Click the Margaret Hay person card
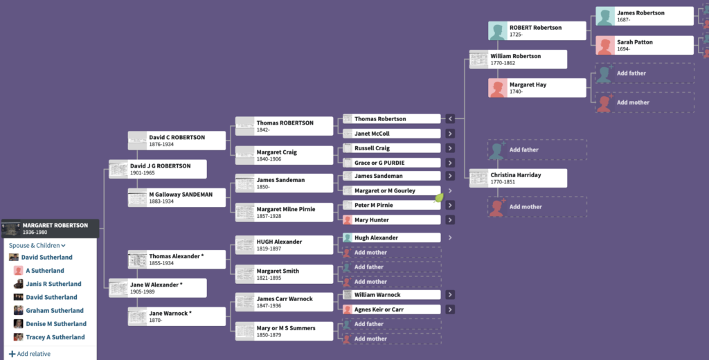click(x=537, y=88)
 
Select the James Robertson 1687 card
click(x=645, y=17)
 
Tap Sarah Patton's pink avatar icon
click(x=605, y=46)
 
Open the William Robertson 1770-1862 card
click(x=518, y=60)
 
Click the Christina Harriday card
click(x=518, y=178)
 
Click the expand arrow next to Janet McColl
click(x=450, y=134)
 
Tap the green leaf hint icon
click(x=439, y=197)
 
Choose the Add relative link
click(x=30, y=354)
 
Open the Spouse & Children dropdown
click(x=37, y=246)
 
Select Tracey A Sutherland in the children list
click(x=55, y=337)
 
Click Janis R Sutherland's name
click(x=53, y=284)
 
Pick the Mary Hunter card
click(x=392, y=219)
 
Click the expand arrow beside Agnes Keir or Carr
click(x=450, y=309)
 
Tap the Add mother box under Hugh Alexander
click(x=392, y=253)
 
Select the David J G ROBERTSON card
click(x=158, y=169)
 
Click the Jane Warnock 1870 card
click(x=177, y=316)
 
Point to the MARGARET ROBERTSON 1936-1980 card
click(x=50, y=228)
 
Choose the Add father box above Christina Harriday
click(x=537, y=150)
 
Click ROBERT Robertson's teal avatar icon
click(x=497, y=30)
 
